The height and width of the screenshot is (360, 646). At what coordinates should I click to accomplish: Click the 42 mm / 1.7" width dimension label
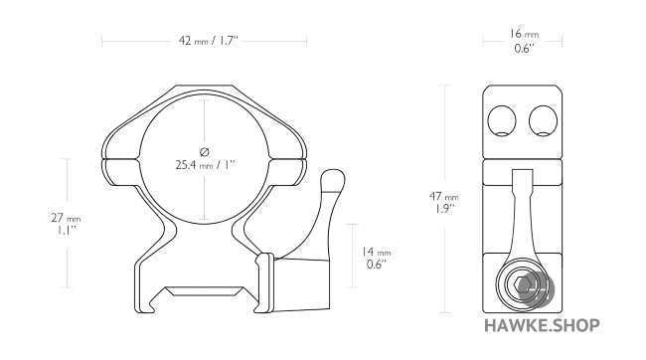coord(204,42)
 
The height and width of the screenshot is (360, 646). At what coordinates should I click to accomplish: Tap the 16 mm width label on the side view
coord(523,34)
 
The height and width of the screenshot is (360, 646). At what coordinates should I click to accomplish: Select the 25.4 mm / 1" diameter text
coord(205,165)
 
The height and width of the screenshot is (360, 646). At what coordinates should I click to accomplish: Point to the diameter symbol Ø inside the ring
coord(205,150)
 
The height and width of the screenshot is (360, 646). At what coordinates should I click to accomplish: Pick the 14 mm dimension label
coord(377,253)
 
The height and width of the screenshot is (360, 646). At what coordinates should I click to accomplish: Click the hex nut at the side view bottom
coord(523,285)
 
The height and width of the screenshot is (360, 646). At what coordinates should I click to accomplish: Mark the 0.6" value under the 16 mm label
coord(523,48)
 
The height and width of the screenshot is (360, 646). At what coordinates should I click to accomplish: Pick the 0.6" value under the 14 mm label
coord(377,266)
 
